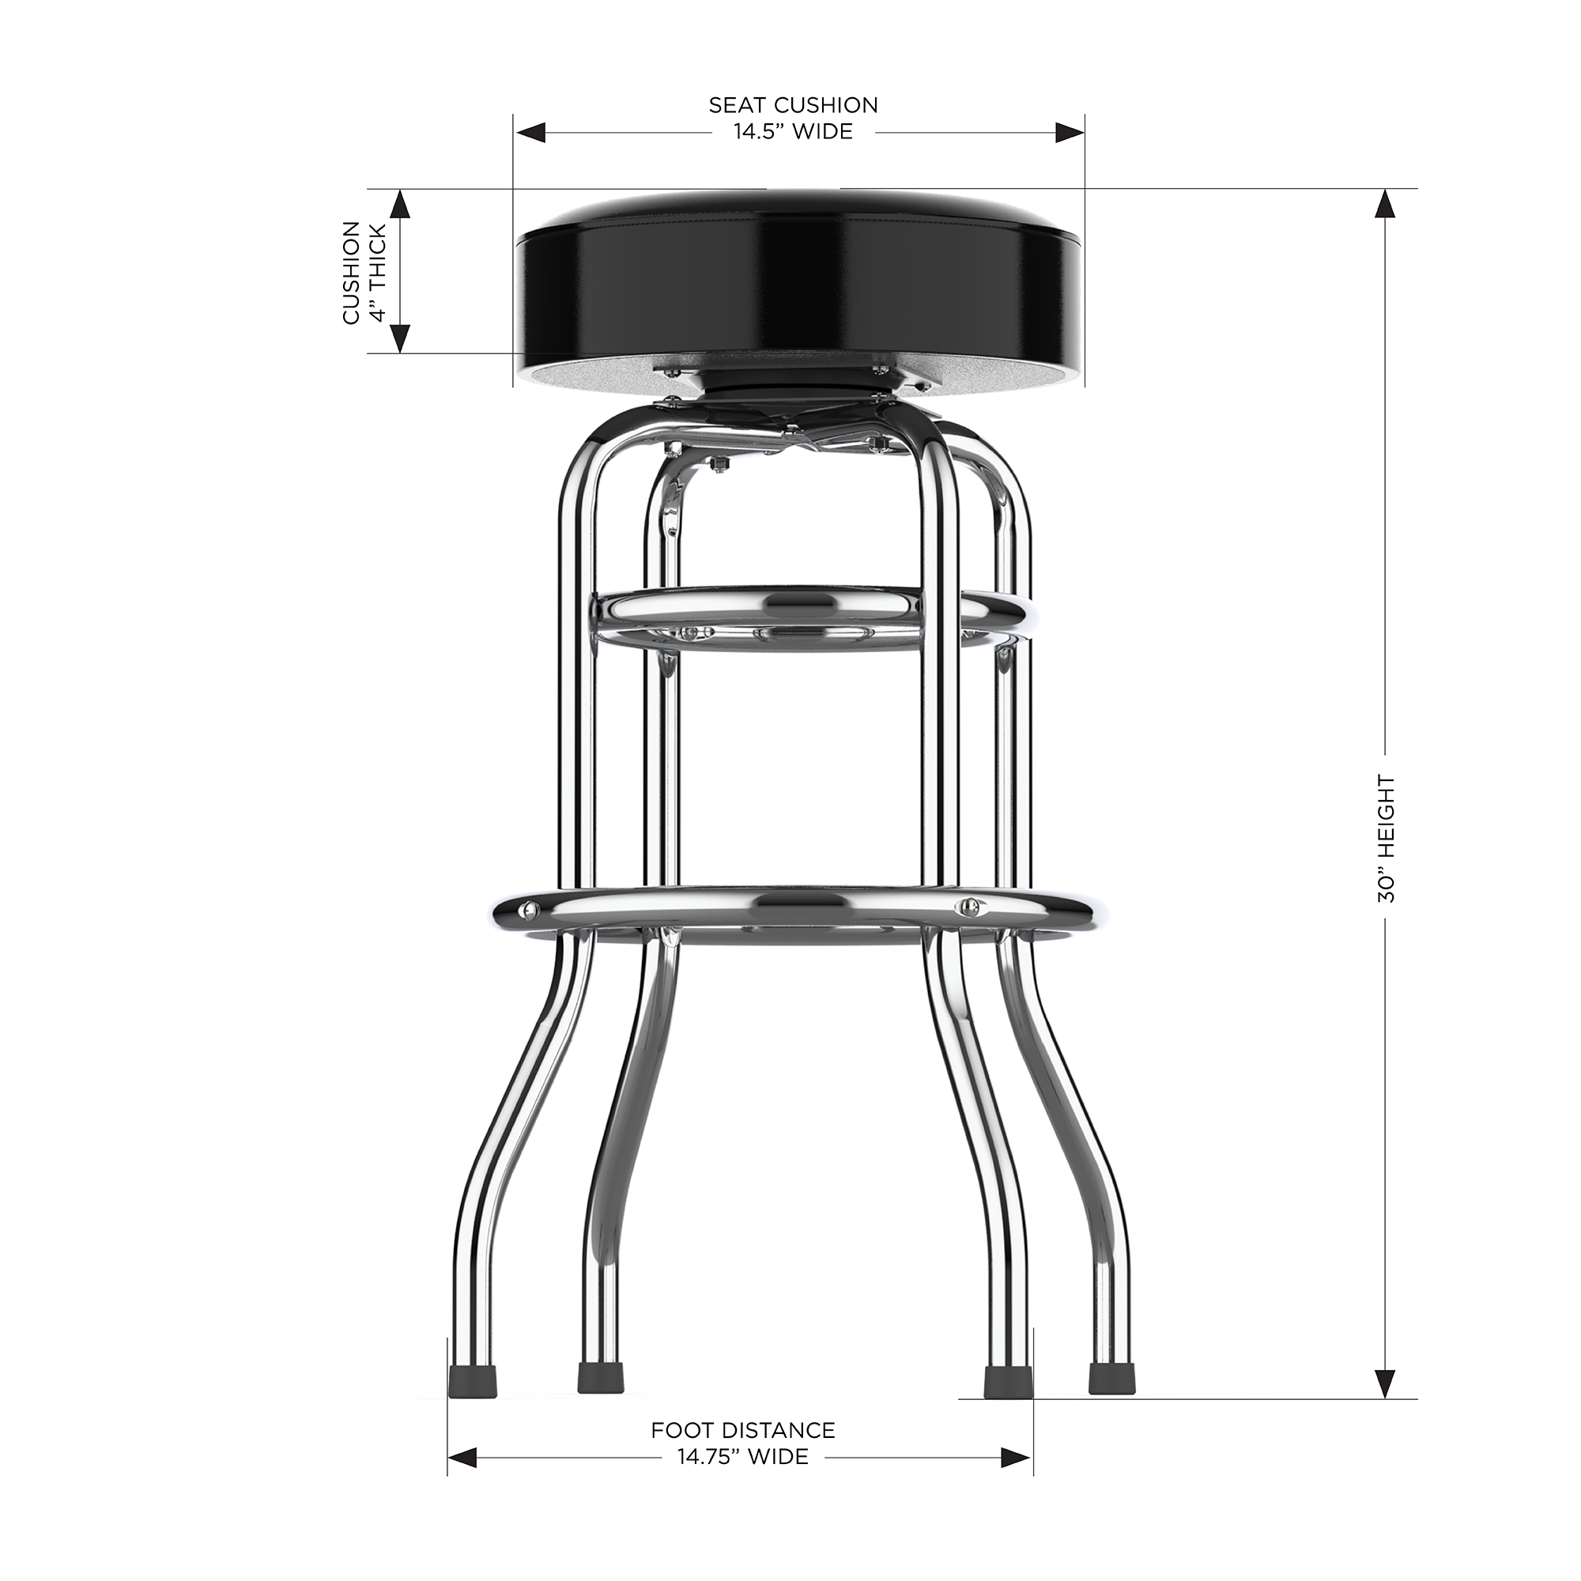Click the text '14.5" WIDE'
pos(792,132)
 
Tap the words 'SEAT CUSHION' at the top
pos(792,105)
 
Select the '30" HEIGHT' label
pos(1386,838)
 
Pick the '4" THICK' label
pos(377,272)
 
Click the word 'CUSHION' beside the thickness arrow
pos(351,272)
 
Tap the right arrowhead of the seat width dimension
pos(1069,133)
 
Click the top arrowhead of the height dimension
pos(1385,204)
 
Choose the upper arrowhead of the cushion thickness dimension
pos(399,204)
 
